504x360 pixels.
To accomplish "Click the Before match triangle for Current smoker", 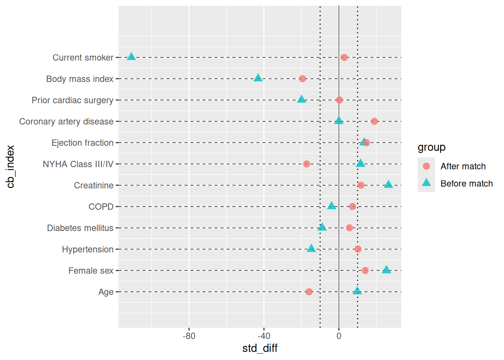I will (131, 57).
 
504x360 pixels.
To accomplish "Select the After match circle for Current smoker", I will (344, 57).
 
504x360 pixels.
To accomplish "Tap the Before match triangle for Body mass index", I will (258, 78).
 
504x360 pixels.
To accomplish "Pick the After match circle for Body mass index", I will (303, 79).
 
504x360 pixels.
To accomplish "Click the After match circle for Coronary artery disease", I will (374, 121).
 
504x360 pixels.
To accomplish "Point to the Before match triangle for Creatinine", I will (388, 184).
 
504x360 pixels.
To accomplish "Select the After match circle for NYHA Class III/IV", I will (307, 164).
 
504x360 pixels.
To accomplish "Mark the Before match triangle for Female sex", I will (386, 270).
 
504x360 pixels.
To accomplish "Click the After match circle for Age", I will (309, 292).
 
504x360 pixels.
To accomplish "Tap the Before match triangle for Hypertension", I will (311, 248).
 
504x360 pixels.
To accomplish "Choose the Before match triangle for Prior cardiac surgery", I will (301, 99).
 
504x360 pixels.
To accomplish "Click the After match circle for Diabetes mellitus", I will (349, 228).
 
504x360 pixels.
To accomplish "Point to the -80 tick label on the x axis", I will (189, 336).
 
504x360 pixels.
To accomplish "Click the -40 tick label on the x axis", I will (264, 336).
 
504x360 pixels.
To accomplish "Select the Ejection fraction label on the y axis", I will (82, 143).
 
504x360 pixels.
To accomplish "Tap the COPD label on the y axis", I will (101, 207).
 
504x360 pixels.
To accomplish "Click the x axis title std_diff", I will (260, 348).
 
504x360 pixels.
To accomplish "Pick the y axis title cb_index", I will (10, 166).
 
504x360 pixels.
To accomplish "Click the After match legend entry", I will (463, 166).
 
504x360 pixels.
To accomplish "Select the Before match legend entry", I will (466, 183).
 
